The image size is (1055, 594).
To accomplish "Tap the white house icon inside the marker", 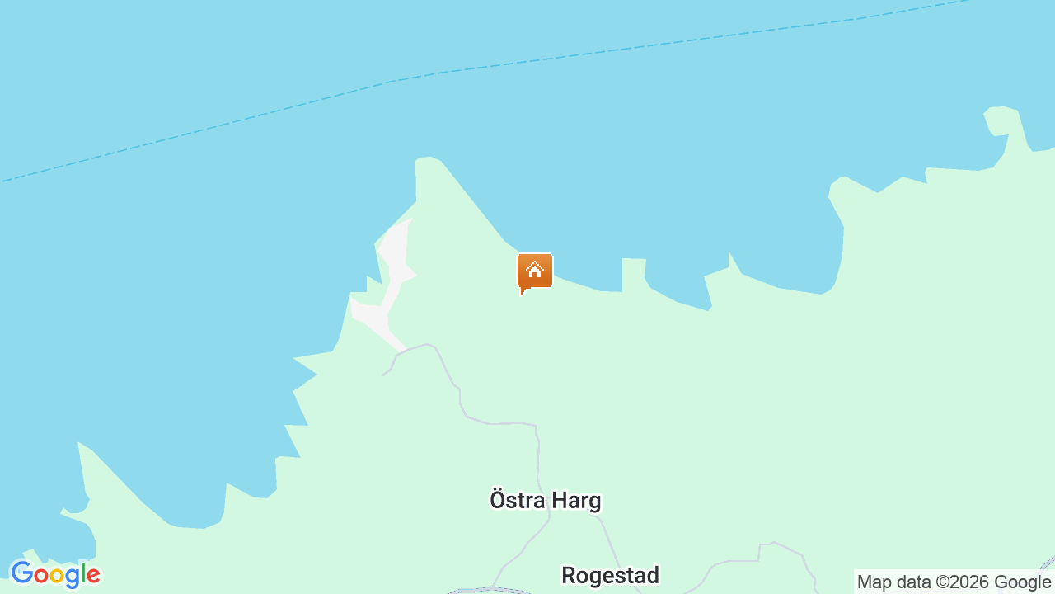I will (535, 269).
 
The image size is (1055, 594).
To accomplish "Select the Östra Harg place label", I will (546, 501).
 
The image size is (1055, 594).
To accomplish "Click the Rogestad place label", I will (610, 575).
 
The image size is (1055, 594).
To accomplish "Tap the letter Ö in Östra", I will (497, 500).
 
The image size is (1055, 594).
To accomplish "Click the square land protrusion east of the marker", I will (634, 272).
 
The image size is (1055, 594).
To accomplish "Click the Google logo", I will (55, 574).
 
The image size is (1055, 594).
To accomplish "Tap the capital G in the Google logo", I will (21, 573).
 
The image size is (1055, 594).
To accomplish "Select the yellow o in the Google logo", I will (55, 576).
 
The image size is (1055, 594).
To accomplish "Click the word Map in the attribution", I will (874, 582).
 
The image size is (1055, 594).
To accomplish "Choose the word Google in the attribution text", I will (1022, 582).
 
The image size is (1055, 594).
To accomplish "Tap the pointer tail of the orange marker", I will (523, 291).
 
